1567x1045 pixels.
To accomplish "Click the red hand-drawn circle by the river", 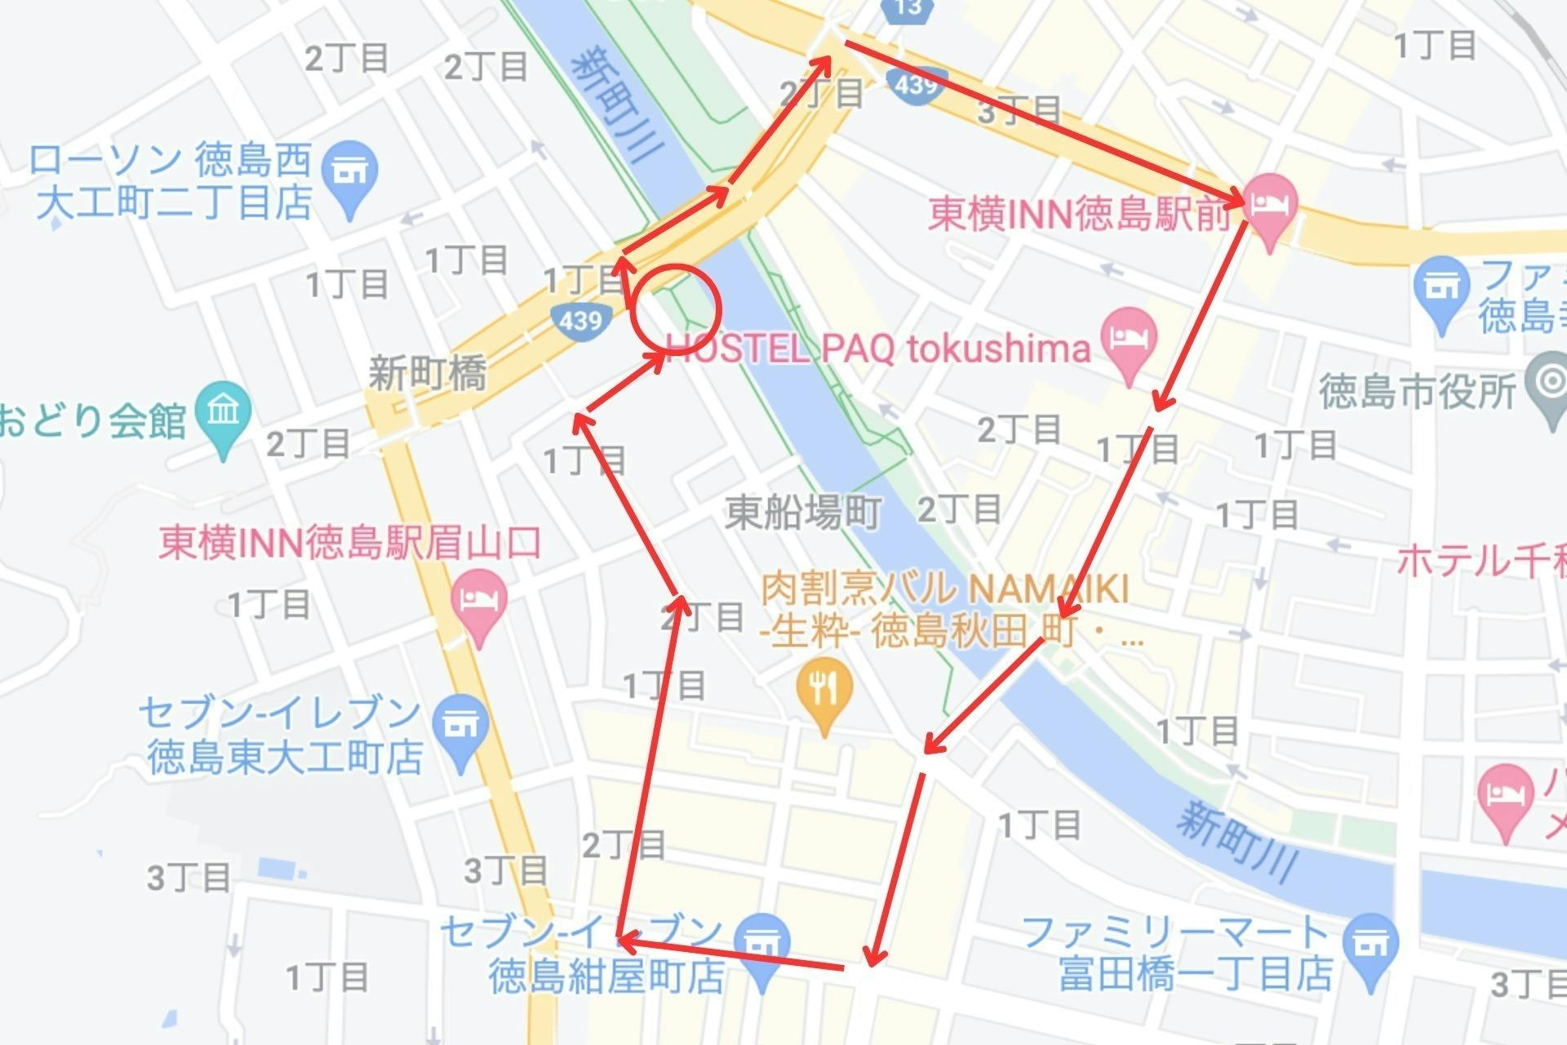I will (x=676, y=308).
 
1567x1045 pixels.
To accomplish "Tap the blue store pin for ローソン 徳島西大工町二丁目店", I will (x=349, y=178).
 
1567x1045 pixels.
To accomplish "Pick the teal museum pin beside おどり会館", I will (x=223, y=416).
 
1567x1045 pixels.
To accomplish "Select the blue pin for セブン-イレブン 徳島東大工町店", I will (x=461, y=729).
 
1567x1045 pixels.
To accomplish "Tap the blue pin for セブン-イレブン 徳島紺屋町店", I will (x=762, y=948).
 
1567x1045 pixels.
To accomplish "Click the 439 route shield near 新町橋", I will (x=580, y=319).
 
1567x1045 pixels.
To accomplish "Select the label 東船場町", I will (x=803, y=513).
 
